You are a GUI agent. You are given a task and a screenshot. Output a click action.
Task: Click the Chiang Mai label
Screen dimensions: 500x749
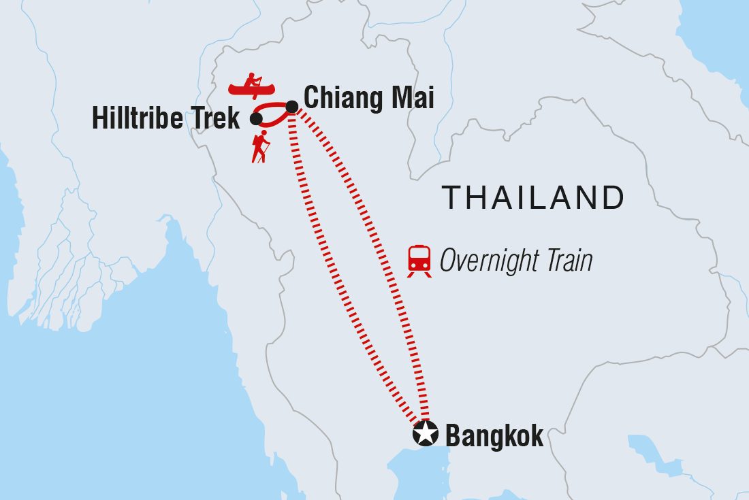(368, 98)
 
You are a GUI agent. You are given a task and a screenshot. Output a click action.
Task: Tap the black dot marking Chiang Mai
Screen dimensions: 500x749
(291, 106)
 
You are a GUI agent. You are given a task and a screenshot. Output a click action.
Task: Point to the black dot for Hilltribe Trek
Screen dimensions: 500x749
(256, 119)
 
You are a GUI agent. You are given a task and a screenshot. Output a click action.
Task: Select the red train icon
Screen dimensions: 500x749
(419, 259)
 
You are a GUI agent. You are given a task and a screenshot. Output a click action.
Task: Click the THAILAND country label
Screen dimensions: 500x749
(533, 198)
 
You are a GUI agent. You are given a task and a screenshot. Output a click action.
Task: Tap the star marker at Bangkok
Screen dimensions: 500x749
(425, 433)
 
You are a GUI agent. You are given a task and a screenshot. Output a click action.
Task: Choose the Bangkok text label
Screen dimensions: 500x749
(494, 436)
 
